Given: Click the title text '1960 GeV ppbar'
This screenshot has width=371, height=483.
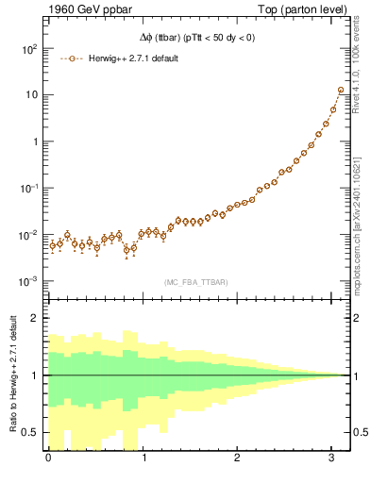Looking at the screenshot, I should point(56,10).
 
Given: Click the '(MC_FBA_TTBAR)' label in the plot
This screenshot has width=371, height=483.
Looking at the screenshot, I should point(196,281).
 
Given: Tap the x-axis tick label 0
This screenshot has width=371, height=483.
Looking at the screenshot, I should point(48,458).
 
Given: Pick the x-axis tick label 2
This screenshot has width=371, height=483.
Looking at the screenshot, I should point(239,458).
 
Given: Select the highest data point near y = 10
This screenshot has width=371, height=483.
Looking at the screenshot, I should point(340,91).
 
